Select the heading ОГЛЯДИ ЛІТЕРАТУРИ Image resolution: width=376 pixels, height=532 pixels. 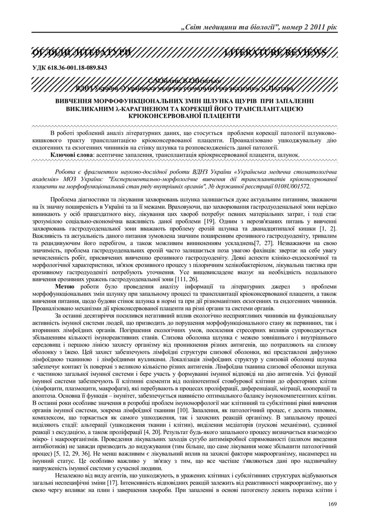coord(81,51)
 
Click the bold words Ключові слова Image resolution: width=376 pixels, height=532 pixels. coord(71,154)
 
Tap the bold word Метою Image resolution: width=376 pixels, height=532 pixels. coord(64,287)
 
